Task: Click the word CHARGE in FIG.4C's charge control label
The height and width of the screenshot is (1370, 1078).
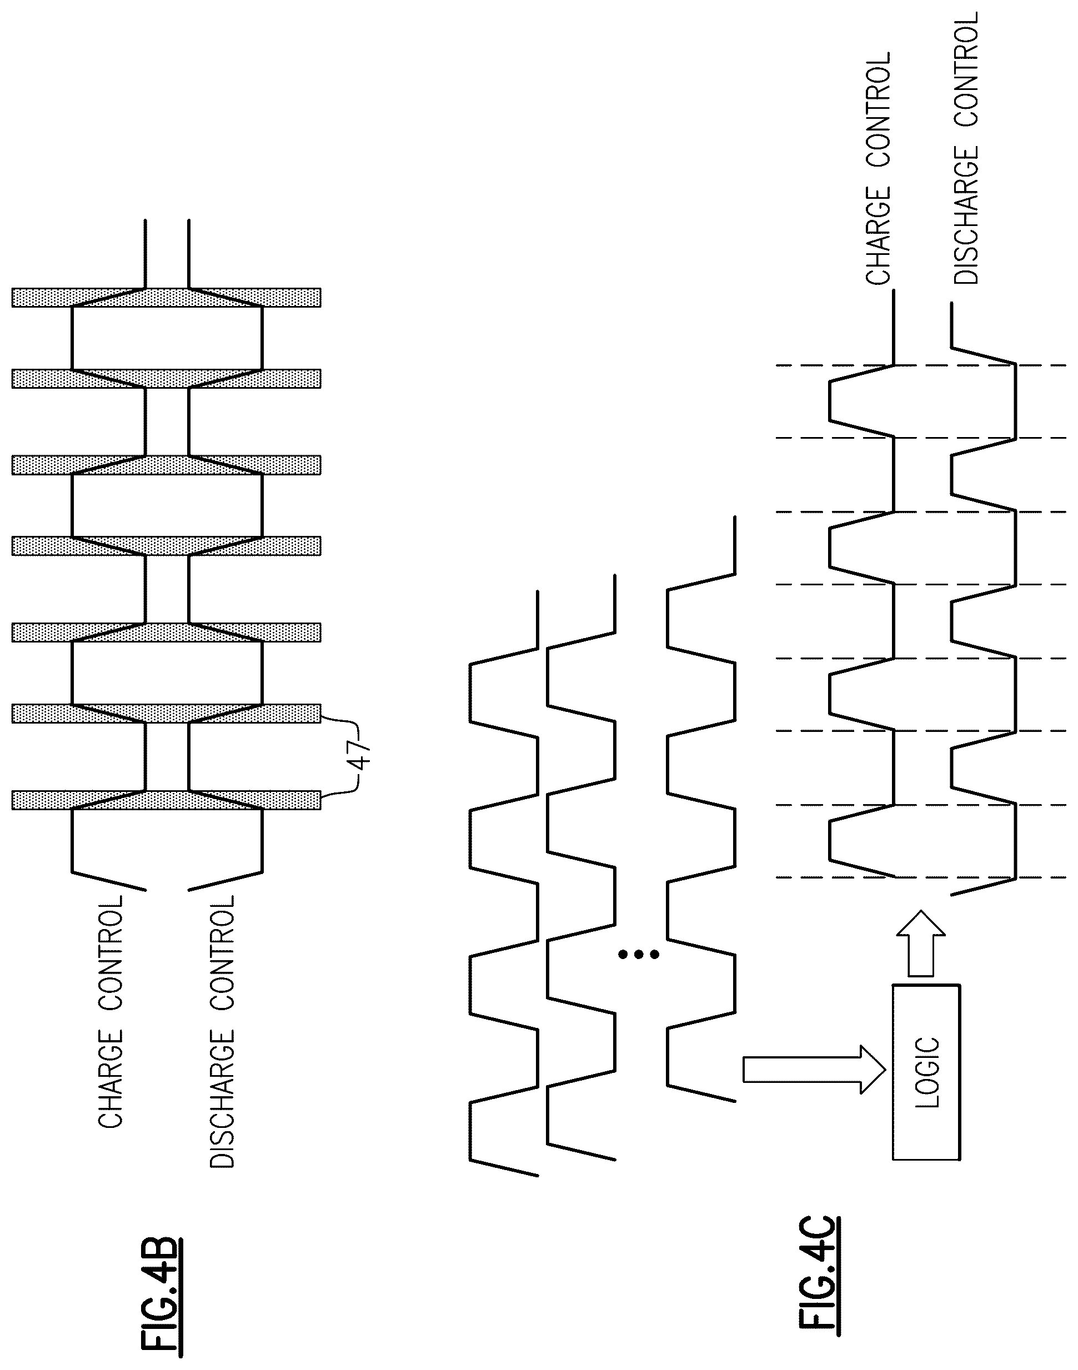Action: [878, 235]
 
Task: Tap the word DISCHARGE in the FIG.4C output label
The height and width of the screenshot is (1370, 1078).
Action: [966, 215]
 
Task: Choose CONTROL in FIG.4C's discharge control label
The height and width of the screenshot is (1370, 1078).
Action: [966, 69]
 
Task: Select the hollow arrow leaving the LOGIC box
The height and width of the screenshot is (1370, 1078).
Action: [921, 943]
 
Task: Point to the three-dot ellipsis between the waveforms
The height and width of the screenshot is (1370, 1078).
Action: [639, 955]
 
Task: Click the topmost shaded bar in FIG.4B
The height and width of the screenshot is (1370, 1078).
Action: [167, 298]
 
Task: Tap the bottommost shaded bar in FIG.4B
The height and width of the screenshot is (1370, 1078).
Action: [167, 800]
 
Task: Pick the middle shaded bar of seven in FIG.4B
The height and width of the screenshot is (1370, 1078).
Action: [167, 546]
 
